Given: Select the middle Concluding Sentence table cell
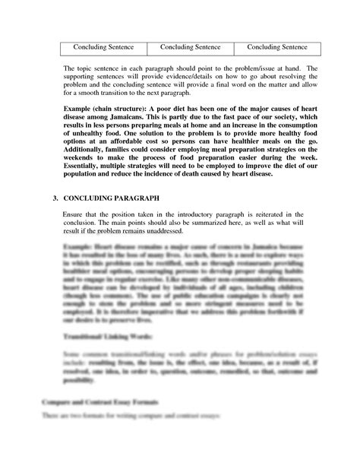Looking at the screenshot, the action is [190, 47].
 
